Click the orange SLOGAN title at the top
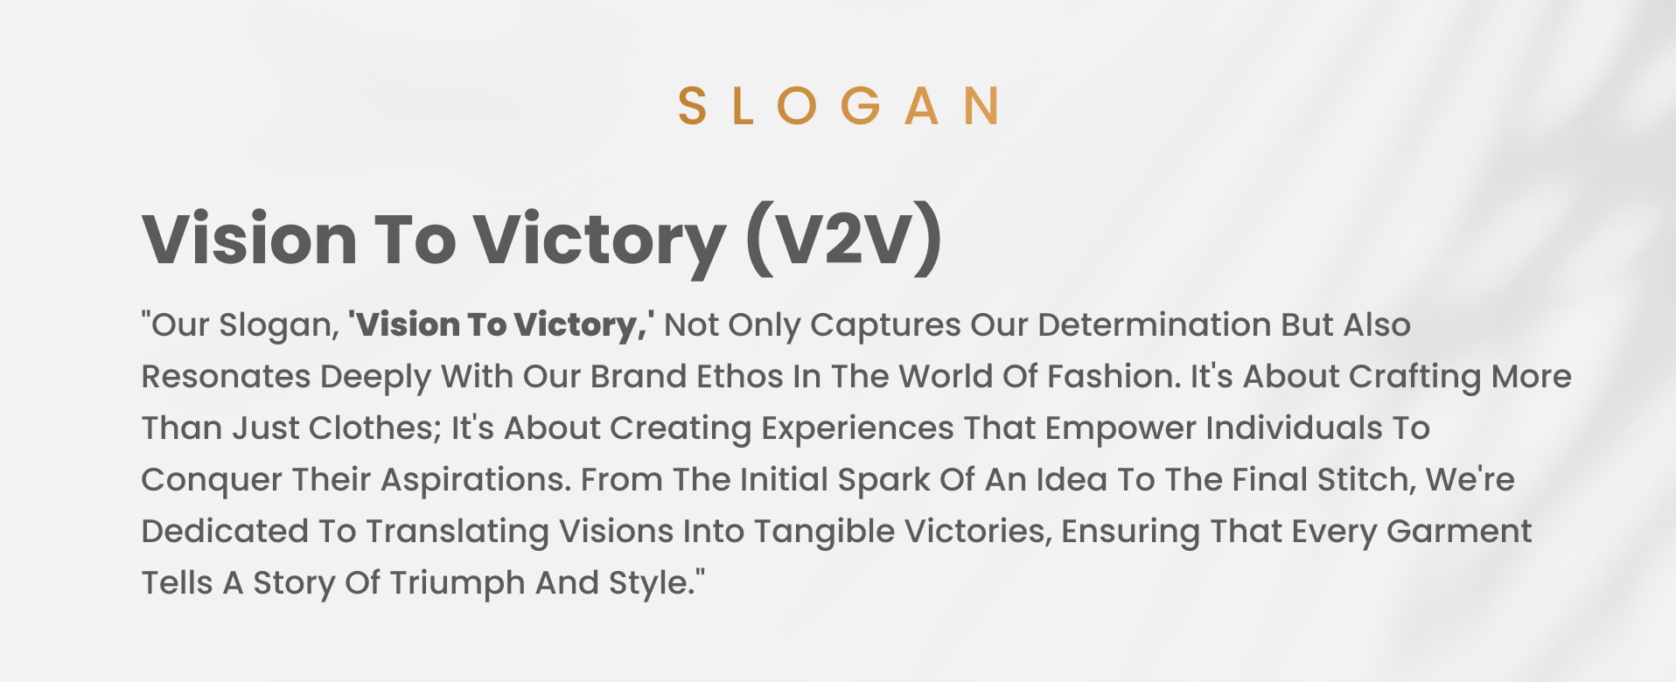coord(839,106)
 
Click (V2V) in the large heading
coord(844,239)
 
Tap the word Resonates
coord(226,377)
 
